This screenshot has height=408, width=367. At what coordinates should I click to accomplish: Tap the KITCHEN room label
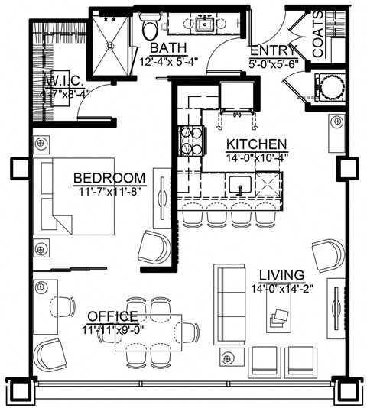256,144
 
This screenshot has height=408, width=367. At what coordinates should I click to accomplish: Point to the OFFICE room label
112,316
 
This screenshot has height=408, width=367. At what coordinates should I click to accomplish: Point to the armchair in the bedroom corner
154,248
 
